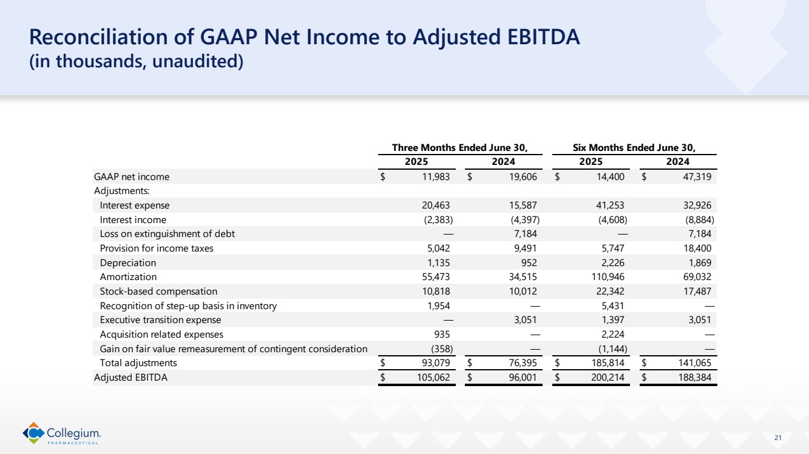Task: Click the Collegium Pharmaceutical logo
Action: pos(62,433)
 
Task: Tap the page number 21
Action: pos(779,438)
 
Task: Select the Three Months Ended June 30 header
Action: pos(459,147)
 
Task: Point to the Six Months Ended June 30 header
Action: pos(634,147)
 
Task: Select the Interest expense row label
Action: pos(135,205)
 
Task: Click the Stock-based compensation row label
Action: pos(158,292)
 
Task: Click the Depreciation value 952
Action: pos(527,263)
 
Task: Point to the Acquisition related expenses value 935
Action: pos(441,335)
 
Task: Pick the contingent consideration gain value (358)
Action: pos(439,349)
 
